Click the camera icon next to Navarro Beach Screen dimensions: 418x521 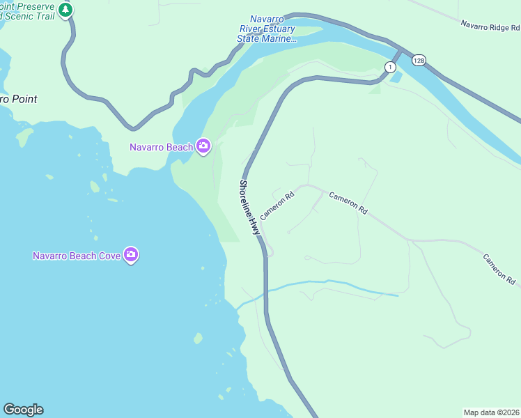(x=203, y=146)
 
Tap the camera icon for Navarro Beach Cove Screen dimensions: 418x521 (x=131, y=256)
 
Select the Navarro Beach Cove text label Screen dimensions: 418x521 (x=77, y=256)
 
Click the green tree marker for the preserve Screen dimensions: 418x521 (x=65, y=10)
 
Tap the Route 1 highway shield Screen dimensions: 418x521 (x=390, y=66)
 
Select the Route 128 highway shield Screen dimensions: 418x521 (x=418, y=61)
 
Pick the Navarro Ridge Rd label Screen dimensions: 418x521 (x=490, y=26)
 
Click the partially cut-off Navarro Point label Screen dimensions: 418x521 (x=18, y=99)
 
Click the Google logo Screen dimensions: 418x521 (x=23, y=410)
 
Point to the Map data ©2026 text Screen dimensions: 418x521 (x=491, y=412)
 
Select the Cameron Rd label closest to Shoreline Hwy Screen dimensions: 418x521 (x=277, y=206)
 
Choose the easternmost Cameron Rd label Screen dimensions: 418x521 (x=499, y=269)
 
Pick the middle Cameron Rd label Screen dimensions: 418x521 (x=348, y=203)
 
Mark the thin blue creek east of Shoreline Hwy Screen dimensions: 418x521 (x=327, y=283)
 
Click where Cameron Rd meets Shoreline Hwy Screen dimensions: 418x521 (x=262, y=235)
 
